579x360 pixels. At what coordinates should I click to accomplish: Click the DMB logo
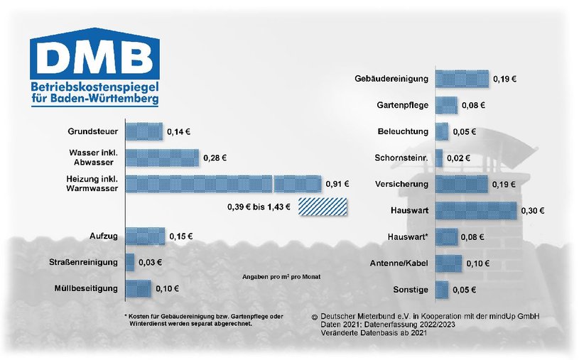coord(94,67)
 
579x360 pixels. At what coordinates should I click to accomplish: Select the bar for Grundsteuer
coord(144,131)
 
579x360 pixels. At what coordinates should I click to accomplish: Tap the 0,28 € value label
coord(215,158)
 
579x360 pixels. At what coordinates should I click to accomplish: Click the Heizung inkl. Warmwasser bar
coord(223,184)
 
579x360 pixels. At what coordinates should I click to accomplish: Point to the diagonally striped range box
coord(323,207)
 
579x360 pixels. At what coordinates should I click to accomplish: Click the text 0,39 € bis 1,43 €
coord(259,207)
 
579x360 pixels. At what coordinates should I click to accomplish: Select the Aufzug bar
coord(145,236)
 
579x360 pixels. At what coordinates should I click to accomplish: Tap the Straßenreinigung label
coord(83,262)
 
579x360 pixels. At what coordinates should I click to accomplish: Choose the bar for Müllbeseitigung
coord(138,289)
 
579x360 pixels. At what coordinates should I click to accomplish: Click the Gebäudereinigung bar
coord(462,79)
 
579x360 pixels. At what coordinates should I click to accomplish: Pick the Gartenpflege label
coord(403,105)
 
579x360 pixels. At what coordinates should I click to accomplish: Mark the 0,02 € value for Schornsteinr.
coord(458,158)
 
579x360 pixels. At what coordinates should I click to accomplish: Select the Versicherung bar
coord(462,184)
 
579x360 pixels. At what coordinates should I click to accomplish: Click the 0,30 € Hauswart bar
coord(476,210)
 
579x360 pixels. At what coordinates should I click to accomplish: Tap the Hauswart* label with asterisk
coord(408,236)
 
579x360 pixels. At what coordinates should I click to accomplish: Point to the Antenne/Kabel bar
coord(449,263)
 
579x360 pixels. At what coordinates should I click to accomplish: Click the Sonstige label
coord(411,290)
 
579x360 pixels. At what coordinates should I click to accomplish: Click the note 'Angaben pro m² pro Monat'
coord(281,276)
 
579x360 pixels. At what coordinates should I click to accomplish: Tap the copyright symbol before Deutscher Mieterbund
coord(315,317)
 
